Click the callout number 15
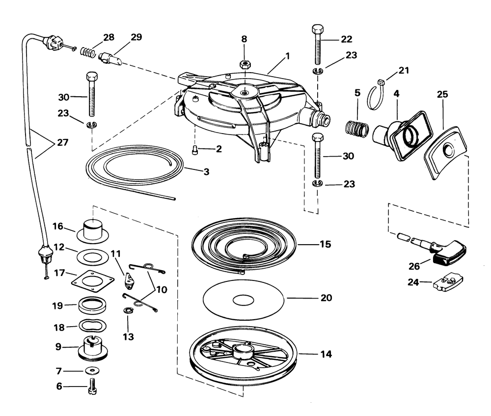[325, 244]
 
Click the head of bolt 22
[316, 28]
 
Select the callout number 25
[442, 93]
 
